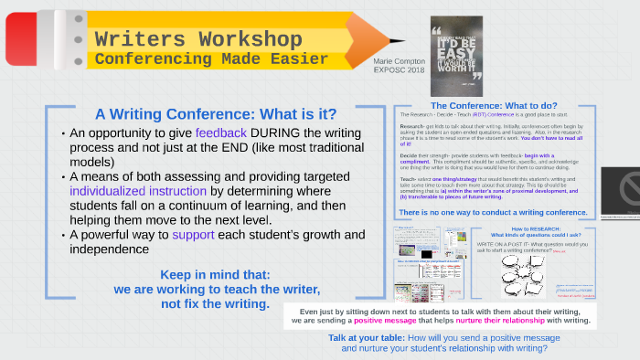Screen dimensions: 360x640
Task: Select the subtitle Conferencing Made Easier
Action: click(x=211, y=58)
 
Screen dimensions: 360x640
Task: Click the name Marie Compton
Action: click(x=399, y=59)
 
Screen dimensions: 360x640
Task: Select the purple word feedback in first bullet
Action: click(x=220, y=132)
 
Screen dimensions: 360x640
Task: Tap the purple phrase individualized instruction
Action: click(x=138, y=191)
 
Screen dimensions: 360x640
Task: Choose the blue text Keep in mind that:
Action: click(x=215, y=274)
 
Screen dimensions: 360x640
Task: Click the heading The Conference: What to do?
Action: click(x=494, y=105)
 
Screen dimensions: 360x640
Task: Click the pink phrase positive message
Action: click(x=385, y=322)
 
